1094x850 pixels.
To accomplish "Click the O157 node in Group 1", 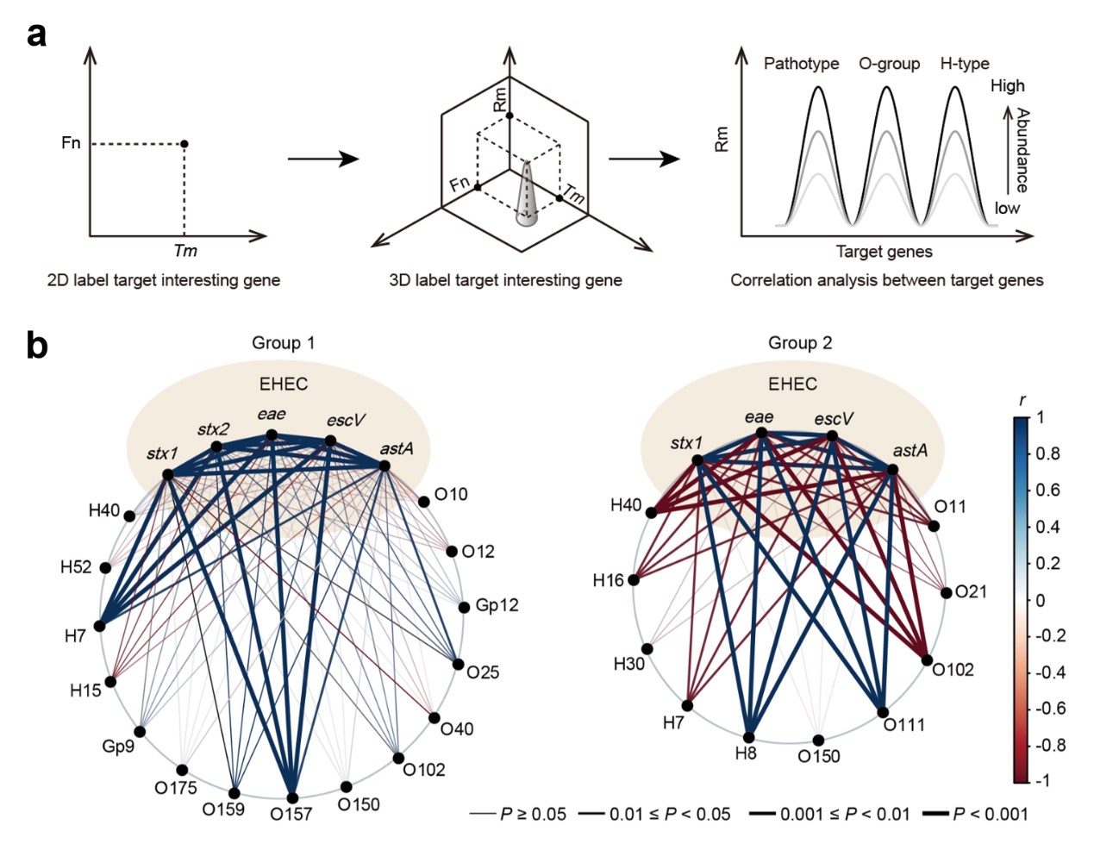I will (293, 797).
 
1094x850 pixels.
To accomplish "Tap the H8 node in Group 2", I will (749, 737).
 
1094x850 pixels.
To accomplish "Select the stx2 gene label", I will (214, 428).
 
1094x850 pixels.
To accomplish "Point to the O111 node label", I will (904, 725).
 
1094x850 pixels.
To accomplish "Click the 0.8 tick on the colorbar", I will (1047, 453).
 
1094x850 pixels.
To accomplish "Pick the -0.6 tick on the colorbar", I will (1047, 708).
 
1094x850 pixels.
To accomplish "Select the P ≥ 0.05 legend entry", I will (518, 813).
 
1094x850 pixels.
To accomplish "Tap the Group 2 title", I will (800, 343).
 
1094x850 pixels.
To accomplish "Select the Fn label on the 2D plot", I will (71, 143).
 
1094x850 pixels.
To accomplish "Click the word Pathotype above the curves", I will (801, 64).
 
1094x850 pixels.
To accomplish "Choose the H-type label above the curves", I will (964, 64).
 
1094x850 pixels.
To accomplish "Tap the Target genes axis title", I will (884, 252).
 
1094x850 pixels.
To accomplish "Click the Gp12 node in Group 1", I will (464, 607).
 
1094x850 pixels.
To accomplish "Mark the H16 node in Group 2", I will (634, 580).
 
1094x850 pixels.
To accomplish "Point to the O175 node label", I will (176, 787).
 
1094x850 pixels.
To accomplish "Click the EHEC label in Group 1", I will (284, 384).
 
